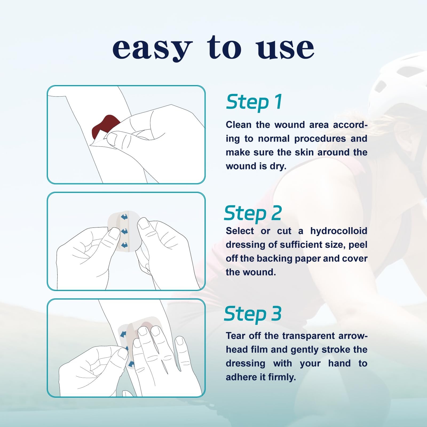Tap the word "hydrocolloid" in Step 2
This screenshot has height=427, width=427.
[339, 231]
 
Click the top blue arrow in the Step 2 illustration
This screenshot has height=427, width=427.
[124, 217]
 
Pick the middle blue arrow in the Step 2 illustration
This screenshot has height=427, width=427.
[124, 231]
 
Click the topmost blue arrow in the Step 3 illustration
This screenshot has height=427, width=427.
[123, 334]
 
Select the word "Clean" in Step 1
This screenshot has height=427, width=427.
[239, 125]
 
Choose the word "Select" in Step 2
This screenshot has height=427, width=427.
[240, 231]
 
